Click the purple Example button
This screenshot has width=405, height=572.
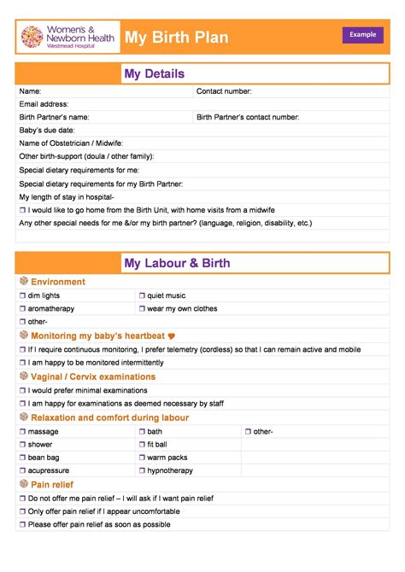pyautogui.click(x=362, y=34)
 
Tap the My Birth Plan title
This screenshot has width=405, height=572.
pyautogui.click(x=177, y=38)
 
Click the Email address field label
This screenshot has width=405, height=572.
pyautogui.click(x=44, y=104)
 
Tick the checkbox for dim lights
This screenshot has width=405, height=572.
pyautogui.click(x=23, y=295)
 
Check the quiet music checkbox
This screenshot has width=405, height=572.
pyautogui.click(x=142, y=295)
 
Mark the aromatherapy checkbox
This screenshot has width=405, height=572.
pyautogui.click(x=23, y=308)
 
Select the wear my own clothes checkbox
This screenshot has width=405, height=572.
pyautogui.click(x=142, y=308)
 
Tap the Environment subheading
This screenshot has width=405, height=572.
pyautogui.click(x=58, y=282)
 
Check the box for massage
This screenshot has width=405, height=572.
pyautogui.click(x=23, y=431)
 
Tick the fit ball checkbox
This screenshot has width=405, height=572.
pyautogui.click(x=142, y=444)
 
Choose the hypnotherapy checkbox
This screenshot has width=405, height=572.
pyautogui.click(x=142, y=470)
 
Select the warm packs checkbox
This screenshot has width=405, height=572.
pyautogui.click(x=142, y=458)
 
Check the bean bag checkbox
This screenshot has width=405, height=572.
pyautogui.click(x=23, y=458)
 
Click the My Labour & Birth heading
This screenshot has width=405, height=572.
pyautogui.click(x=177, y=263)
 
